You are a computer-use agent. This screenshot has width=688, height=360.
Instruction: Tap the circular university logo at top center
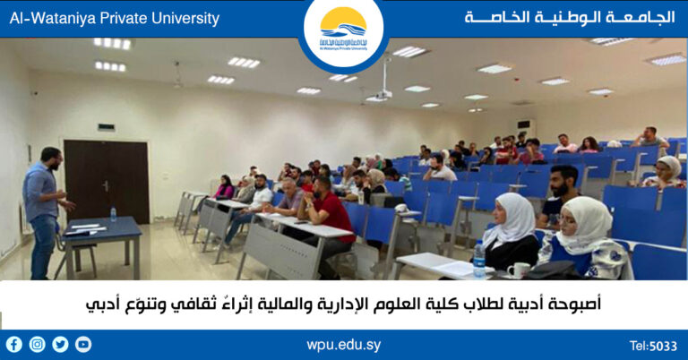[x=343, y=32]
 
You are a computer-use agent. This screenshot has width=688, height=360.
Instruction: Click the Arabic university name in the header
[x=570, y=18]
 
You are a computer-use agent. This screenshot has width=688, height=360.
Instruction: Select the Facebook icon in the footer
[x=14, y=344]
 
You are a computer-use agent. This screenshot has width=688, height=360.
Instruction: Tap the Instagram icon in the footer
[x=38, y=344]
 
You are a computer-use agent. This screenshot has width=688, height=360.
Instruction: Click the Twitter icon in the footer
[x=61, y=344]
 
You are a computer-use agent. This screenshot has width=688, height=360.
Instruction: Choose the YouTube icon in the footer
[x=83, y=344]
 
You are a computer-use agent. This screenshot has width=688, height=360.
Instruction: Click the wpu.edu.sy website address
[x=343, y=345]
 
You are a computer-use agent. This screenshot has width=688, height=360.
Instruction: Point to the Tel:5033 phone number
[x=653, y=346]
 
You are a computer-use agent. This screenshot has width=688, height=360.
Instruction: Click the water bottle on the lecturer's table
[x=113, y=214]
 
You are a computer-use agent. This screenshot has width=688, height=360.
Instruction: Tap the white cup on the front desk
[x=518, y=270]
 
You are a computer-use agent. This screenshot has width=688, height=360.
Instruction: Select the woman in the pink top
[x=224, y=188]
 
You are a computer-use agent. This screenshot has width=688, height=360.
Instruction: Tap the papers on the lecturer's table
[x=86, y=228]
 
